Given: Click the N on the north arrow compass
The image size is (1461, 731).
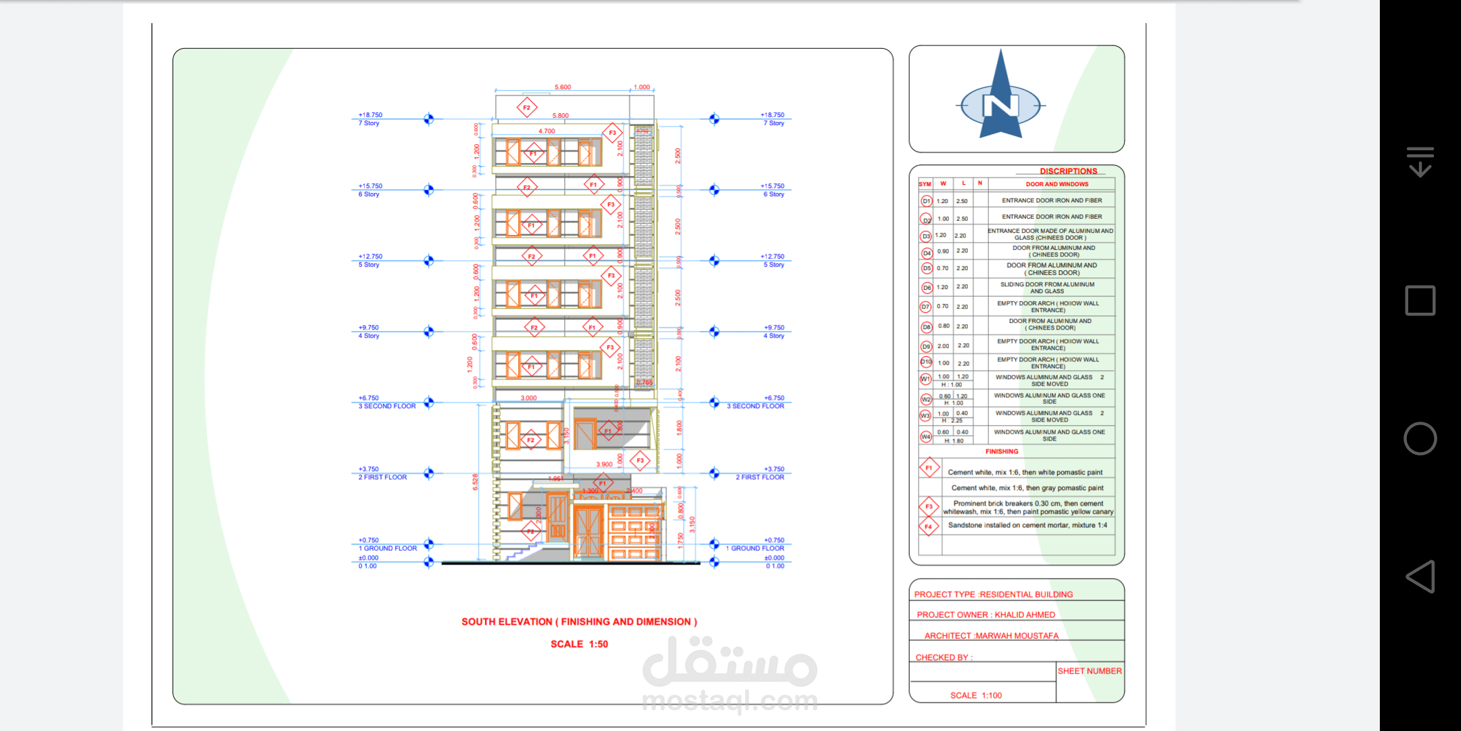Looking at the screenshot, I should click(x=1001, y=106).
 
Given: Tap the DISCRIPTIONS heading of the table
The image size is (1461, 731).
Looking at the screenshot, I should click(x=1068, y=171).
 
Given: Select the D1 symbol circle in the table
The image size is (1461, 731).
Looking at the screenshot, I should click(x=926, y=201).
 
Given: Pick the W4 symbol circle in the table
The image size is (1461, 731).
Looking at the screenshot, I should click(x=926, y=437).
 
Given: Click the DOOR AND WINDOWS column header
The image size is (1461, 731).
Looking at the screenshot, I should click(x=1057, y=184).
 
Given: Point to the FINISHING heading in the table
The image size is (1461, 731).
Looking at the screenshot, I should click(x=1001, y=451).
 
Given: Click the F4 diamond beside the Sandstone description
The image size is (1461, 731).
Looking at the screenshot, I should click(x=929, y=526).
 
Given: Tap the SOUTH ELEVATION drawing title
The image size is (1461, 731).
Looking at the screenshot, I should click(x=579, y=621).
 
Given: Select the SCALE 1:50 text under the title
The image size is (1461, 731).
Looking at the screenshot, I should click(x=579, y=644).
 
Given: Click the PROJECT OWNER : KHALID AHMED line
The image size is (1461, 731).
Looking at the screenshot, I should click(x=985, y=615).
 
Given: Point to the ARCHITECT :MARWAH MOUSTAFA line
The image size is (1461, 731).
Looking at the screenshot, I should click(x=991, y=636).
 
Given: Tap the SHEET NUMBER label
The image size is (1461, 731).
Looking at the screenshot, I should click(x=1089, y=671).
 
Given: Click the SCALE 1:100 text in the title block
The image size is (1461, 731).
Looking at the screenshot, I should click(x=975, y=695).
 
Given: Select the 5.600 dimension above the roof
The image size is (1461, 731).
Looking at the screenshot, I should click(x=563, y=87).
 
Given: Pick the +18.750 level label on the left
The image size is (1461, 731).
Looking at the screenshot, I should click(x=370, y=115).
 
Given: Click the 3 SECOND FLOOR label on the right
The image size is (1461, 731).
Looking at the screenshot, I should click(x=755, y=406).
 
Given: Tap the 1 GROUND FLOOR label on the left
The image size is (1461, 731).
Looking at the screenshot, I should click(x=388, y=548).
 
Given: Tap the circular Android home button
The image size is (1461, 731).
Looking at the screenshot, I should click(x=1420, y=439).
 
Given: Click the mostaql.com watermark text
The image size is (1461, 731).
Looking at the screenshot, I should click(x=729, y=701).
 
